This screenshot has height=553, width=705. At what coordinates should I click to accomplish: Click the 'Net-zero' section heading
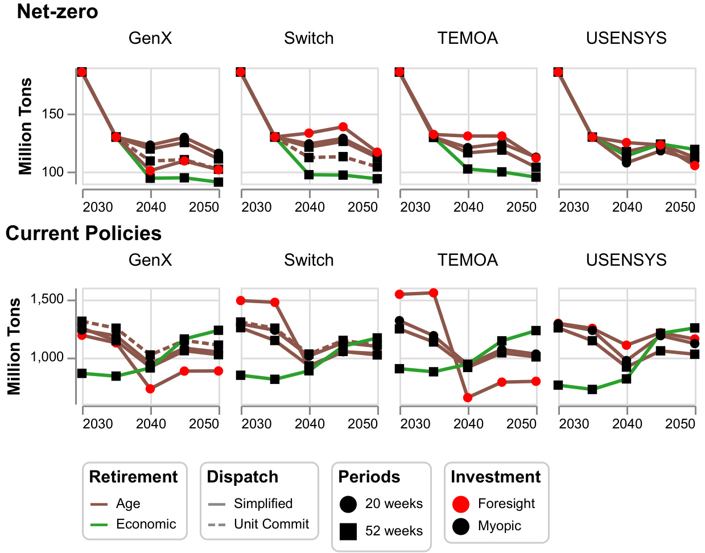(x=57, y=11)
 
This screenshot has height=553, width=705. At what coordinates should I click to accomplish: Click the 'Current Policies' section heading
(x=84, y=233)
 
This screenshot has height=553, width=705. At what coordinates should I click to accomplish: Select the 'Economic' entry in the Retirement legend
(x=146, y=524)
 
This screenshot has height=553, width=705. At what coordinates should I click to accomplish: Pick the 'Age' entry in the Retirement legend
(x=128, y=504)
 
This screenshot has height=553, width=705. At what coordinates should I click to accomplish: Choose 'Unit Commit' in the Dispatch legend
(x=271, y=524)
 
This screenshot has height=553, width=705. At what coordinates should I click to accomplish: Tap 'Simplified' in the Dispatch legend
(x=263, y=504)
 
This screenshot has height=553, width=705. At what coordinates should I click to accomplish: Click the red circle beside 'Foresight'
(x=461, y=504)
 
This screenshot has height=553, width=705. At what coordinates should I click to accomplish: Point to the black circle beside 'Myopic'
(x=461, y=526)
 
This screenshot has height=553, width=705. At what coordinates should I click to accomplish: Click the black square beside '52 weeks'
(x=348, y=531)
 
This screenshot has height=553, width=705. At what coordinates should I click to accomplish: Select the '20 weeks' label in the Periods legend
(x=394, y=504)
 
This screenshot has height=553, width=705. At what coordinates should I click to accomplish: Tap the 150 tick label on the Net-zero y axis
(x=53, y=114)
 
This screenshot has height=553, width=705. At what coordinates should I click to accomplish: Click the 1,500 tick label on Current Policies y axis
(x=47, y=300)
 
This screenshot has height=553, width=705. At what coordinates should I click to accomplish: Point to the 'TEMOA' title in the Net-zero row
(x=468, y=38)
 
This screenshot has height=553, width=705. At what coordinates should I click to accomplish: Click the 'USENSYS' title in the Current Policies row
(x=626, y=260)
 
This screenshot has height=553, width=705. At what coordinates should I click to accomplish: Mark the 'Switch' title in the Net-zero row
(x=309, y=38)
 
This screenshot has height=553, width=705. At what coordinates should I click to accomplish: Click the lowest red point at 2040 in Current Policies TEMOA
(x=468, y=398)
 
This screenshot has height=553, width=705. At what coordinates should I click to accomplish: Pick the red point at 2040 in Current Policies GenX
(x=150, y=389)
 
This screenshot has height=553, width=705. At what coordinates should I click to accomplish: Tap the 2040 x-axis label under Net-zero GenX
(x=151, y=207)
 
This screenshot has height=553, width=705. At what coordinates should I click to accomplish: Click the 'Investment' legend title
(x=496, y=477)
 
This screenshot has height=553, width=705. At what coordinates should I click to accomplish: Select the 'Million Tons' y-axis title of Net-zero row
(x=26, y=126)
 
